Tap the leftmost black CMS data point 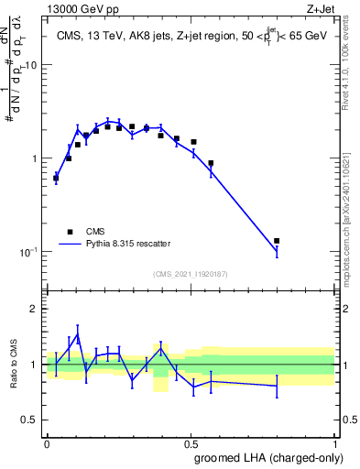click(x=56, y=179)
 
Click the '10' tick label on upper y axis click(x=32, y=65)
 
